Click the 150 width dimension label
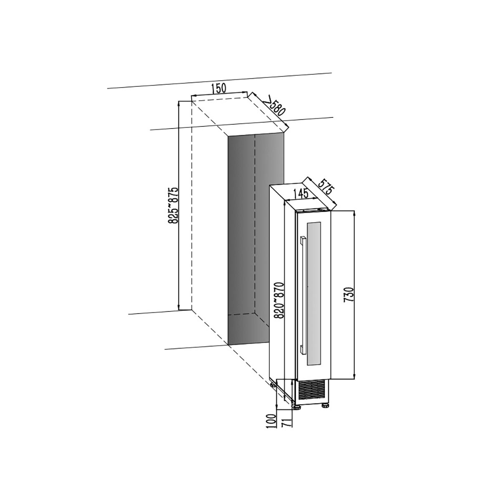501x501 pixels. [218, 89]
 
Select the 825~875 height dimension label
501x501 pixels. [173, 205]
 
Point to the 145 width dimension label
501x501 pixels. [301, 193]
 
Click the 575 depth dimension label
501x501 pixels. [325, 187]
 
